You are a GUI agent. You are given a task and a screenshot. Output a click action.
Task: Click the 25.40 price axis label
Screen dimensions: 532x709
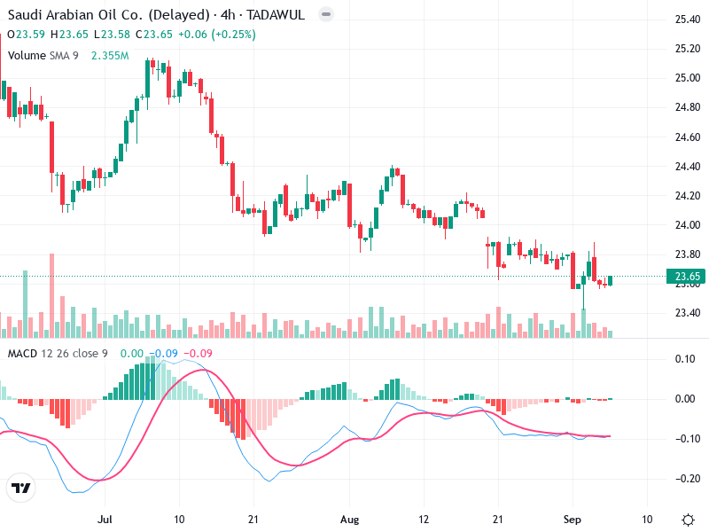[x=688, y=20]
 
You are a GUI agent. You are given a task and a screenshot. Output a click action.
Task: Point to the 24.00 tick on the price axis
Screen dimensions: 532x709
[x=688, y=225]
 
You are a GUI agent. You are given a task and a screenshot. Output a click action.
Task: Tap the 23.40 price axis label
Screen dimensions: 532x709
[x=688, y=313]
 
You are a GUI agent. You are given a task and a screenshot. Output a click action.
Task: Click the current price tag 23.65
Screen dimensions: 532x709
[x=689, y=278]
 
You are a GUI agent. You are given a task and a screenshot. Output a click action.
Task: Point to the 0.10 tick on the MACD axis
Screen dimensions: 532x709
[x=686, y=358]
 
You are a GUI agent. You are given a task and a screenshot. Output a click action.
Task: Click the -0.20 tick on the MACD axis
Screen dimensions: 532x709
[x=686, y=479]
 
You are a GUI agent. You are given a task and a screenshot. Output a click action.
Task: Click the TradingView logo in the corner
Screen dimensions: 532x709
[x=21, y=489]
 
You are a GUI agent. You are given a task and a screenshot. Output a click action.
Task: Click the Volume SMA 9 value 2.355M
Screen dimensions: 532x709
[x=111, y=56]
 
